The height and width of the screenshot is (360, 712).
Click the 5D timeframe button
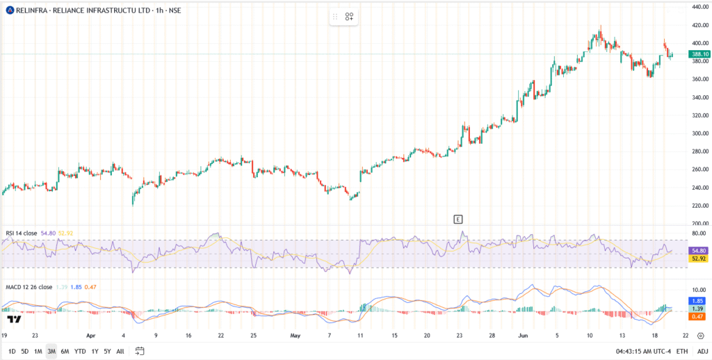26,351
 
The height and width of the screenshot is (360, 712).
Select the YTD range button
81,351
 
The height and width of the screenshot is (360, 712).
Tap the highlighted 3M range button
51,351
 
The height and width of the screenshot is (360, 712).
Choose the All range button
120,351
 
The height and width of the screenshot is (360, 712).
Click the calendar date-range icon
140,351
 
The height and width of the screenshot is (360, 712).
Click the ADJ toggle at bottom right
702,351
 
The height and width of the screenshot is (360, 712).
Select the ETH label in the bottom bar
681,351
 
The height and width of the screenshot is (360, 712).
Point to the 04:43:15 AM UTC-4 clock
643,351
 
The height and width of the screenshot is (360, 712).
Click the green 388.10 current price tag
698,54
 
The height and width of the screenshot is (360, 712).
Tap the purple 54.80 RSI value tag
698,251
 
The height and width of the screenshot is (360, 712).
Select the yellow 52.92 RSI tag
698,259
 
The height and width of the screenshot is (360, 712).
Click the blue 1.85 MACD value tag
698,300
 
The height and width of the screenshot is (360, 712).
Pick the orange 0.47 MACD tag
698,317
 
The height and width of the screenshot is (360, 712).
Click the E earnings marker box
458,220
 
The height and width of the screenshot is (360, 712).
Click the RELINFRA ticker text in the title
29,10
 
